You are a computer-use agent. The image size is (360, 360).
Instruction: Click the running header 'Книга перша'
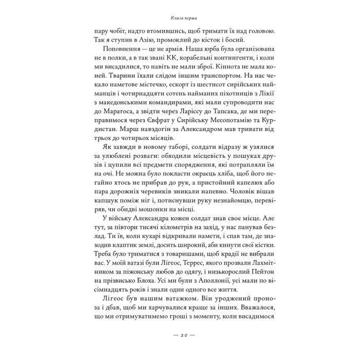[x=179, y=17]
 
